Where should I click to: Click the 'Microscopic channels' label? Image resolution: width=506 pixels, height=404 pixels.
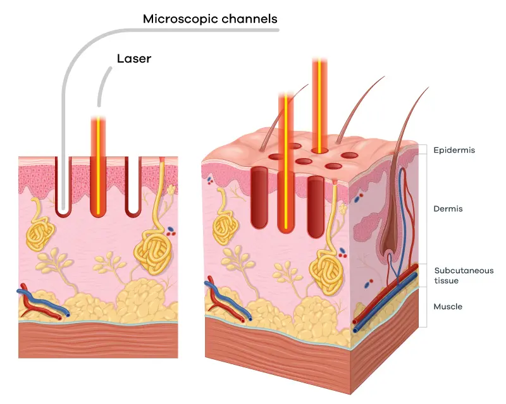pos(210,18)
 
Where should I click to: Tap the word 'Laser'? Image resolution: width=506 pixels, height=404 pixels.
pos(134,59)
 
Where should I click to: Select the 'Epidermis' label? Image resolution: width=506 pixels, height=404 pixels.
pos(454,150)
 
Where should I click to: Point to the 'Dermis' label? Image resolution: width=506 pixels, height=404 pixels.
pos(448,208)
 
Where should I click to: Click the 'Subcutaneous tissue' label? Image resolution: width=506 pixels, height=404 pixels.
pos(455,276)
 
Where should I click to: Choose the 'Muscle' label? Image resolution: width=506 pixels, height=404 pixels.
pos(448,307)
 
